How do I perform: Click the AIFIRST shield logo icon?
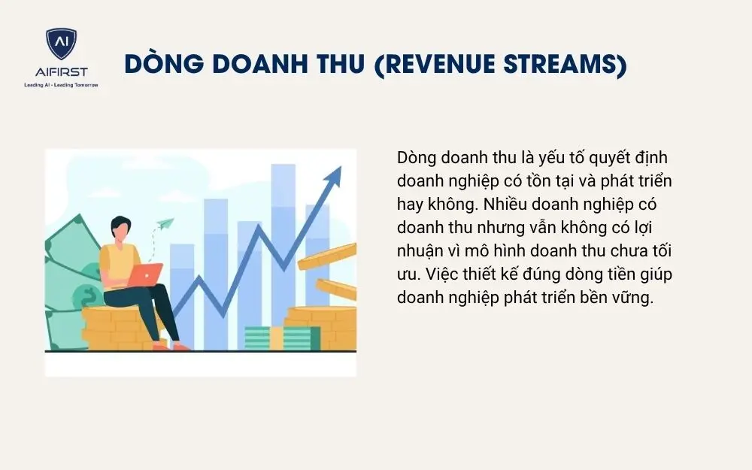point(61,44)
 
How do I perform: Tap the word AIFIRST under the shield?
point(61,71)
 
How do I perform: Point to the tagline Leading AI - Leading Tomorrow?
point(61,86)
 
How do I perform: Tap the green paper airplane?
point(164,223)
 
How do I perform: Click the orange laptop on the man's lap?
point(144,275)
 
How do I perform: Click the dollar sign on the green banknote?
point(89,297)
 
